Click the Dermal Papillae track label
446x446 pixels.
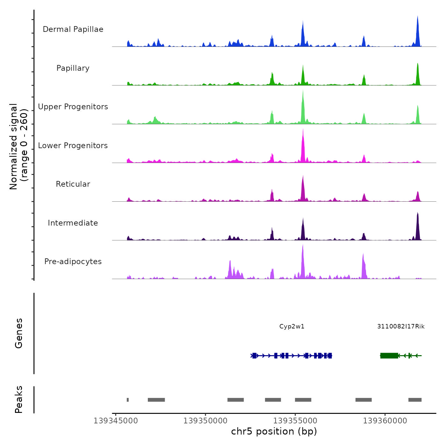click(73, 29)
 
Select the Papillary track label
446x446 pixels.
click(73, 68)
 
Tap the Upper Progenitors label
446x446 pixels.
click(73, 107)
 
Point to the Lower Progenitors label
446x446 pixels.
click(73, 146)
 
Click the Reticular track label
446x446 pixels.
click(73, 184)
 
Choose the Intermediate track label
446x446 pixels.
click(73, 223)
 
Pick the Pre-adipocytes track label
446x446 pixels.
click(73, 262)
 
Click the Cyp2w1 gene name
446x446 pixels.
click(292, 327)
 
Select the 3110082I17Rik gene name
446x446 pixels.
click(401, 327)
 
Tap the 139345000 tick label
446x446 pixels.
click(116, 421)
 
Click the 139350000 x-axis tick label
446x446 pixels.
click(205, 421)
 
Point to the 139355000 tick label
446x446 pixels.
click(295, 421)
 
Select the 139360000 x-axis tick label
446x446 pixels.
click(385, 421)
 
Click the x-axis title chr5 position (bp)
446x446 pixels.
click(274, 431)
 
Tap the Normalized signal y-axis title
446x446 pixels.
click(18, 147)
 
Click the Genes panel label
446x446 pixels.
click(19, 333)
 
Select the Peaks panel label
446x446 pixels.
click(19, 399)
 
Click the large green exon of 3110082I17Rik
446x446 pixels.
click(389, 356)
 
